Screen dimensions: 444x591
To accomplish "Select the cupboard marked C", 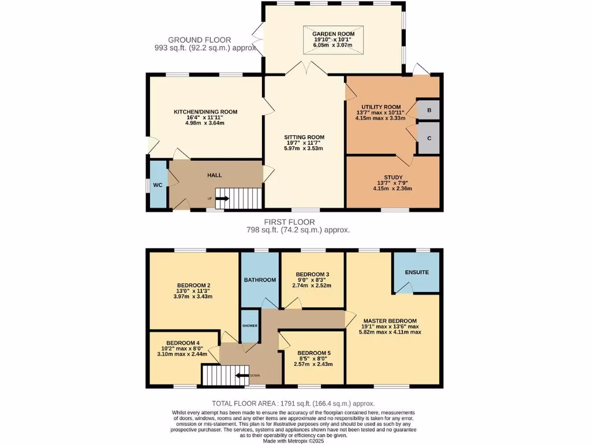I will [429, 138].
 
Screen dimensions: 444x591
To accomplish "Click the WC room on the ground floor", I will [157, 185].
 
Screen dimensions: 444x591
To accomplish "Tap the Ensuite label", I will [417, 272].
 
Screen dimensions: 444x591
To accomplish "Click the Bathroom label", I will [260, 280].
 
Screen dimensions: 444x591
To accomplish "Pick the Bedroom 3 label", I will [312, 274].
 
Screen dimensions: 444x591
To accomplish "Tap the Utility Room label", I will [381, 107].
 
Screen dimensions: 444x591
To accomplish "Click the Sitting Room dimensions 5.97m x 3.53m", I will [304, 149].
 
